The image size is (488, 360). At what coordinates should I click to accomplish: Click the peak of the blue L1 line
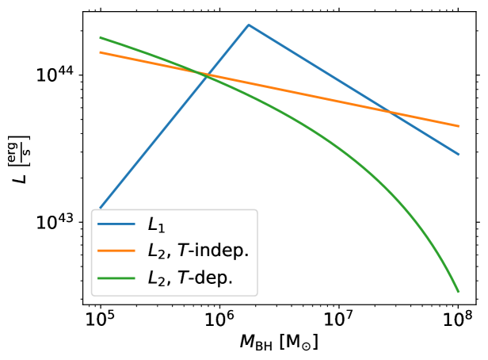tap(249, 25)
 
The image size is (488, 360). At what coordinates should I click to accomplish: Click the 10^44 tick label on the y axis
tap(55, 75)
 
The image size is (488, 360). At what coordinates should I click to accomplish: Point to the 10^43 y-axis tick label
tap(55, 222)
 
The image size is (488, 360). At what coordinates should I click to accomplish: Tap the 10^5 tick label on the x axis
tap(100, 320)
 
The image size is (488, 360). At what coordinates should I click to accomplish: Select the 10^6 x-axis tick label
tap(219, 320)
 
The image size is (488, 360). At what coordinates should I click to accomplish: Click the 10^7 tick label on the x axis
tap(339, 320)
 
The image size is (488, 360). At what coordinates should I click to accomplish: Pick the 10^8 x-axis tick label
tap(458, 320)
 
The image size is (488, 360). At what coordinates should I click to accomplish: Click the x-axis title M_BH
tap(278, 343)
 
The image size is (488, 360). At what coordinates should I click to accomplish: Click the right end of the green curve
tap(459, 291)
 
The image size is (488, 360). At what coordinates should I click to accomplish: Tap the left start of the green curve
tap(100, 37)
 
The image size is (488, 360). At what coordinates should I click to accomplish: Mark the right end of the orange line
tap(459, 126)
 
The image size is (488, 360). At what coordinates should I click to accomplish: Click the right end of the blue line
tap(459, 155)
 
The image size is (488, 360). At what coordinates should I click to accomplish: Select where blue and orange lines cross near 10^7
tap(390, 112)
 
